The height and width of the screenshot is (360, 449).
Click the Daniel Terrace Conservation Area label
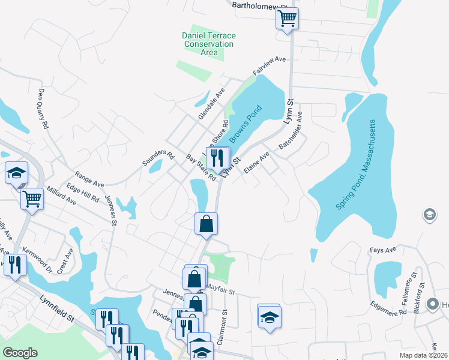(209, 44)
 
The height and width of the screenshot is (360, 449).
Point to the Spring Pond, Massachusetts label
(355, 164)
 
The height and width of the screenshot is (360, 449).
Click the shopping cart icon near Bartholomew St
(288, 19)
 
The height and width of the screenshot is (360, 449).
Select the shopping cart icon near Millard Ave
(32, 198)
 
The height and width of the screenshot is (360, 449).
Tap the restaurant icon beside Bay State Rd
(218, 158)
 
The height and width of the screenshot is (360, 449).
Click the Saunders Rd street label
(158, 158)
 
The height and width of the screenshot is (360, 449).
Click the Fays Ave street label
(384, 250)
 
